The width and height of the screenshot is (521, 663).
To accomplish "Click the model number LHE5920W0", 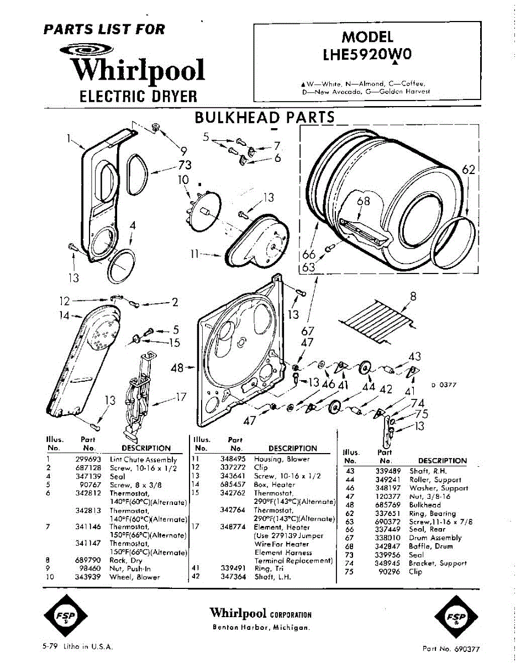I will [367, 55].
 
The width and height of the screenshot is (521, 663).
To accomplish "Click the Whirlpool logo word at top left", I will [138, 71].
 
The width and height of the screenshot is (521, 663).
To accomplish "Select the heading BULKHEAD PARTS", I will [265, 117].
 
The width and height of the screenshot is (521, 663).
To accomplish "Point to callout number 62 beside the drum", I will [469, 170].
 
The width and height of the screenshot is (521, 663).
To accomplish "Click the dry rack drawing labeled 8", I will [377, 320].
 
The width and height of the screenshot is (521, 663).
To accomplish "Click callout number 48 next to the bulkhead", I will [177, 366].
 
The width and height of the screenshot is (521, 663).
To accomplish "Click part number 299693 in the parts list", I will [87, 460].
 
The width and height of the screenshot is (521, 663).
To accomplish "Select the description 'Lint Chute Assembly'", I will [144, 460].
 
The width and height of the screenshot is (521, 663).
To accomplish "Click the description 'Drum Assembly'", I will [435, 538].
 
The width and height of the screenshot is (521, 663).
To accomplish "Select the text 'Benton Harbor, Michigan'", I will [261, 628].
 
